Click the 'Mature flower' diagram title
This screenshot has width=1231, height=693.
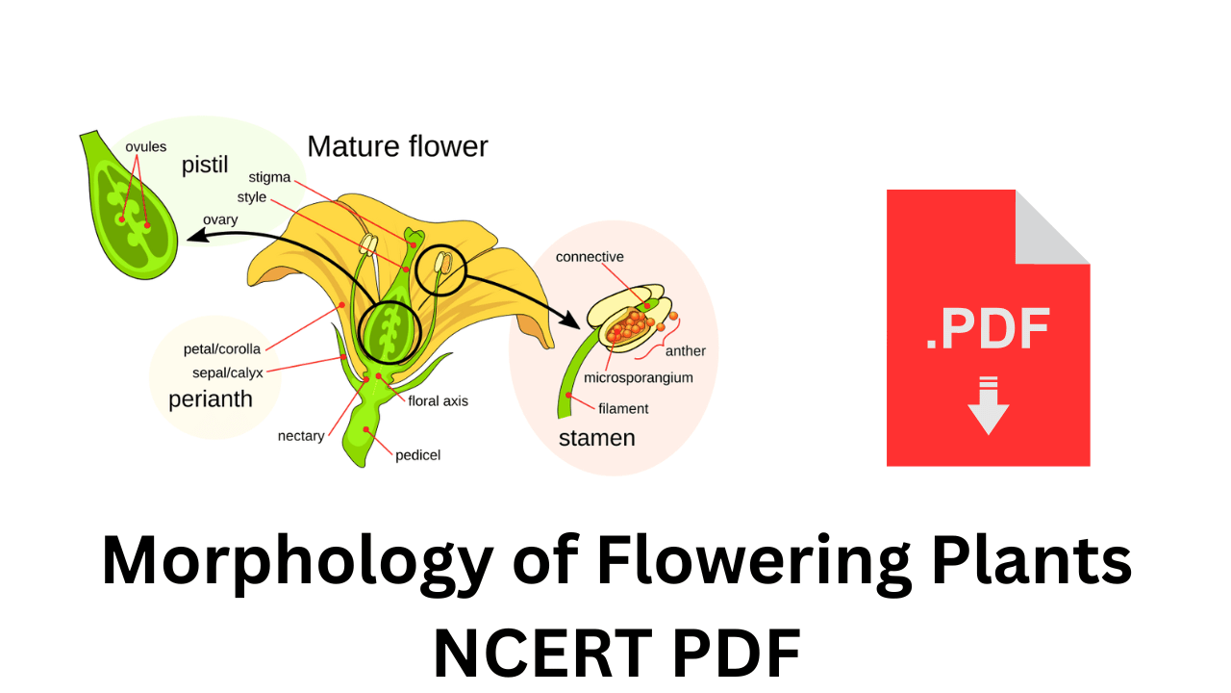tap(397, 146)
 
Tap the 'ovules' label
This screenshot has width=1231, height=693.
tap(145, 147)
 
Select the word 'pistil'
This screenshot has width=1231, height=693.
tap(205, 165)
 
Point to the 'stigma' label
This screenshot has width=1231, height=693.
tap(269, 177)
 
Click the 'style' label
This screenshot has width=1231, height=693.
tap(252, 197)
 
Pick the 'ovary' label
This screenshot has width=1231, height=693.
tap(220, 219)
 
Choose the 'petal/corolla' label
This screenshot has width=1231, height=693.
tap(222, 348)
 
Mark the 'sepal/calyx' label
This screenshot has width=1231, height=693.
tap(228, 372)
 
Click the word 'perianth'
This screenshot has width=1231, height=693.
tap(211, 398)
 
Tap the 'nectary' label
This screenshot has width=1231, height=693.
tap(301, 436)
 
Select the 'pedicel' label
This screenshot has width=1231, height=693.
tap(417, 454)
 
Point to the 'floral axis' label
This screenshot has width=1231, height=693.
tap(438, 400)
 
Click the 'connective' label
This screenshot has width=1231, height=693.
tap(590, 257)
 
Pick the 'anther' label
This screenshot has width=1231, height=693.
tap(685, 351)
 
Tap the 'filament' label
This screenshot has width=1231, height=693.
tap(623, 408)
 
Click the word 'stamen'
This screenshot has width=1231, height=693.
tap(596, 438)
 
